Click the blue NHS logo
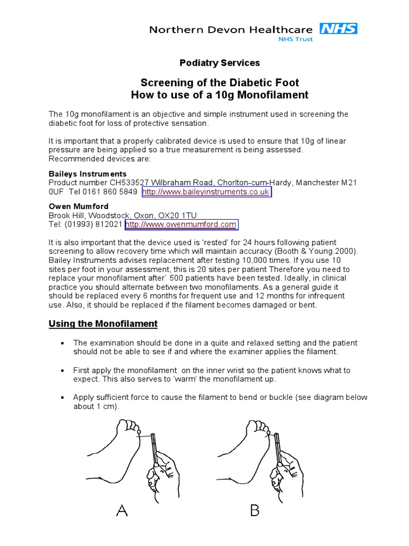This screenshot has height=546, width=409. (x=338, y=29)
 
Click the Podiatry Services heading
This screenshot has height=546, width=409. (x=219, y=63)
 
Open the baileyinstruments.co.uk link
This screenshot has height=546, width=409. (x=206, y=192)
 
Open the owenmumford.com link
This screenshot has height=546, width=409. (x=181, y=224)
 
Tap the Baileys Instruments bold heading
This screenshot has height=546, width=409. (x=88, y=174)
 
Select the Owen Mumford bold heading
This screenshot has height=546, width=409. (x=78, y=206)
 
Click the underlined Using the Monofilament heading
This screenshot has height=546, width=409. (x=103, y=324)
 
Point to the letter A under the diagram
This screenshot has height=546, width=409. (x=122, y=511)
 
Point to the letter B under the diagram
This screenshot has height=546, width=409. (x=255, y=511)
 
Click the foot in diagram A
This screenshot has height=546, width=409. (x=114, y=453)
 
